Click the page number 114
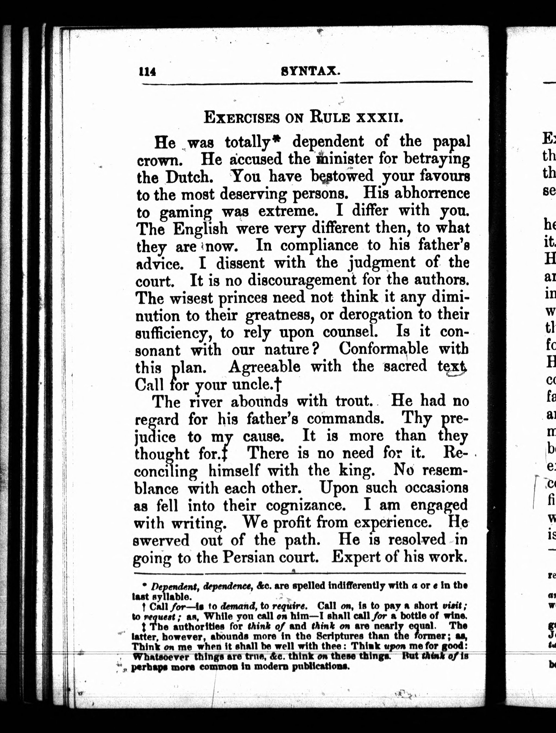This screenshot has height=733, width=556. coord(147,71)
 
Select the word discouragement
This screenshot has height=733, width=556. coord(302,280)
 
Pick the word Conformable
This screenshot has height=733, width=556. coord(383,349)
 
